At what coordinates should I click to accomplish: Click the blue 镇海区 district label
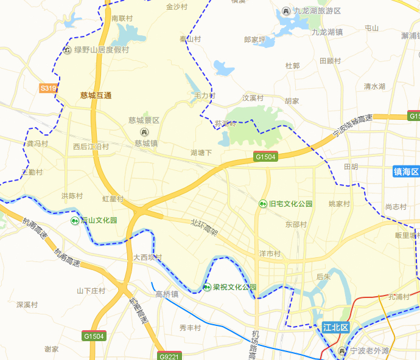tap(406, 172)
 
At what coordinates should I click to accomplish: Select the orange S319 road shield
tap(48, 88)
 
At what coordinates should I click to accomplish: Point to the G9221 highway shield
tap(169, 356)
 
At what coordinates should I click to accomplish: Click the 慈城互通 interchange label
tap(96, 95)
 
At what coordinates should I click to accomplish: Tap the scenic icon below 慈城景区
tap(144, 132)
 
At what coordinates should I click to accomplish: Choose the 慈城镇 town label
tap(146, 144)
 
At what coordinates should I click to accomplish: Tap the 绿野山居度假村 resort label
tap(102, 50)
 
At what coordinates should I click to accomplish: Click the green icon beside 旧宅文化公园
tap(263, 204)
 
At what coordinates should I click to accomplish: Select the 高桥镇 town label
tap(167, 294)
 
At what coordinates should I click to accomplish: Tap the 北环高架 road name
tap(203, 227)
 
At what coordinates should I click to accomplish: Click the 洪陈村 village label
tap(72, 196)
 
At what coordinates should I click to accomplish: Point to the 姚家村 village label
tap(339, 204)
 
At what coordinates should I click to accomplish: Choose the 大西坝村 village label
tap(148, 258)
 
